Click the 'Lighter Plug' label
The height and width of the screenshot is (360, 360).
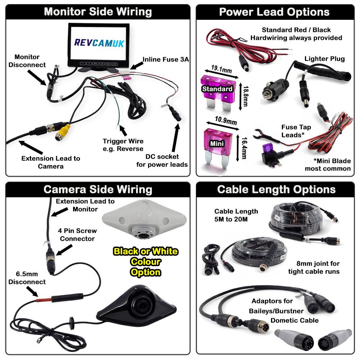324,59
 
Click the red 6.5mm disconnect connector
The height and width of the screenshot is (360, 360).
43,299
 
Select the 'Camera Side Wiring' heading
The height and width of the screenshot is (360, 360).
98,189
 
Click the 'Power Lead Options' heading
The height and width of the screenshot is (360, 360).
274,12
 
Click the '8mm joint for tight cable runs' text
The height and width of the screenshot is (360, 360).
314,267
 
